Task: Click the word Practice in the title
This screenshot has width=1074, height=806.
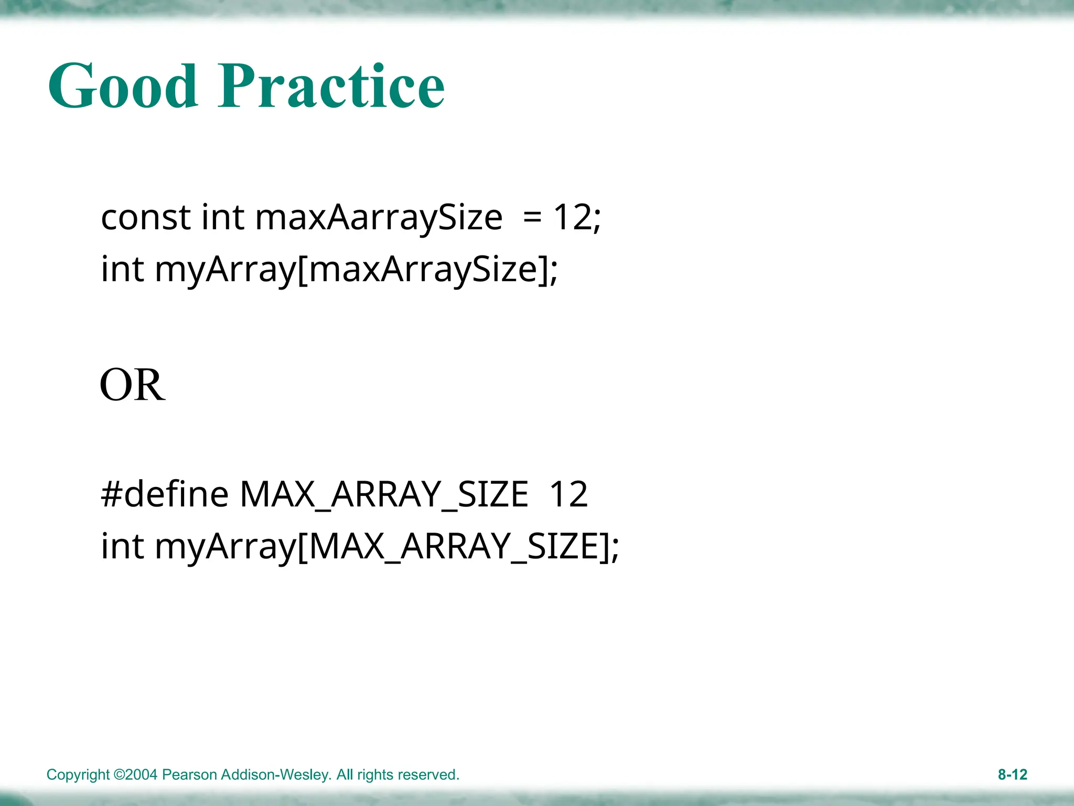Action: [331, 87]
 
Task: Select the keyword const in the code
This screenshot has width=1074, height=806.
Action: [145, 218]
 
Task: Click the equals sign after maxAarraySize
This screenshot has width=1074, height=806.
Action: [532, 218]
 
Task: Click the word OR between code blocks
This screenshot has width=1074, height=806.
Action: [133, 385]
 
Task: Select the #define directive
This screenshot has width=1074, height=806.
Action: [165, 494]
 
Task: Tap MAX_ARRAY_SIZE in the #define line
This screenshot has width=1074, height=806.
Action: [383, 495]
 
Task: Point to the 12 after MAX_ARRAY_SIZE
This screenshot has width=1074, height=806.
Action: [568, 494]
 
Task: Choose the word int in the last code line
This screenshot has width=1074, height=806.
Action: [122, 546]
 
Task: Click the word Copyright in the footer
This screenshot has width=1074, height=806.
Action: [78, 775]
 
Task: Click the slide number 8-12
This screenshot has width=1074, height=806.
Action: [1012, 775]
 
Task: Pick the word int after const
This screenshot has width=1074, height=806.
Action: [222, 218]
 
